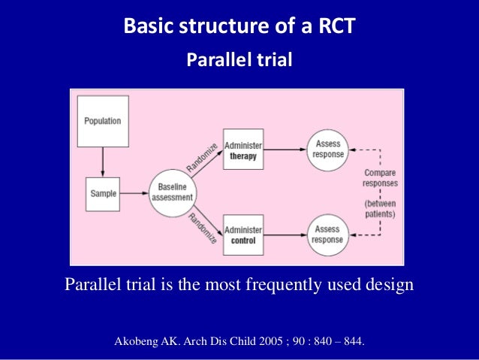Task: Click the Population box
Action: pos(103,121)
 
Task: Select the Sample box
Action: pos(102,193)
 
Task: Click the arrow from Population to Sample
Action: pos(103,159)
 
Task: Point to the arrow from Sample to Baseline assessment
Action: pos(136,193)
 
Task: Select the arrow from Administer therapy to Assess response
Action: pos(285,150)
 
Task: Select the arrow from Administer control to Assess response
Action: pos(285,235)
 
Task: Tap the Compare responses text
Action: pos(380,178)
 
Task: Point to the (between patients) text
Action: pos(380,207)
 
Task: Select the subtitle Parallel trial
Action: pos(239,59)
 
